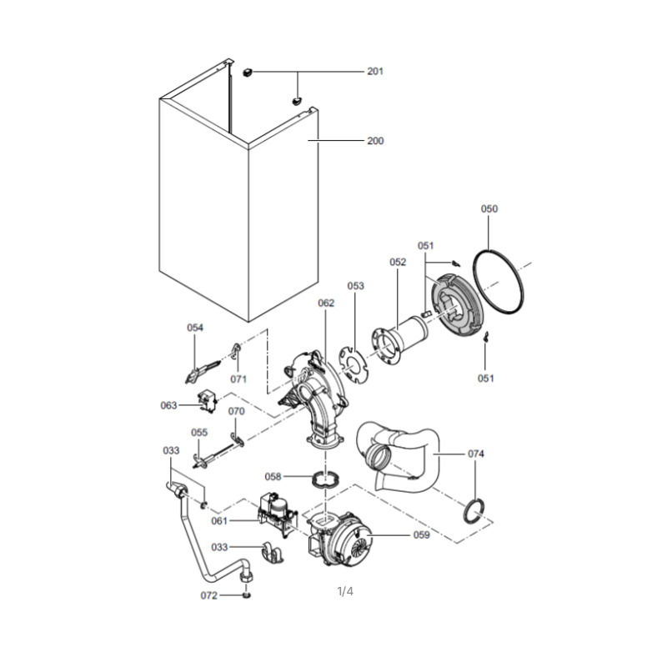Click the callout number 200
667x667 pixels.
click(x=375, y=141)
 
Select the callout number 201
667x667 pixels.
click(x=375, y=72)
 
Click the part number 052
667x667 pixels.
click(x=398, y=262)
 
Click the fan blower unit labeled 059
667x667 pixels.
click(x=340, y=538)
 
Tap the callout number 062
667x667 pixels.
click(x=326, y=303)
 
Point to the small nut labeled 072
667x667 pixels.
click(x=246, y=594)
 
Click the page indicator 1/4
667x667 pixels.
click(x=345, y=591)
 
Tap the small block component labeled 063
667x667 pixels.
click(x=208, y=402)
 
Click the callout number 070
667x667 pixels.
click(x=237, y=411)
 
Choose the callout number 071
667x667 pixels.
click(x=238, y=379)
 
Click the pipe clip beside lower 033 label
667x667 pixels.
click(x=273, y=553)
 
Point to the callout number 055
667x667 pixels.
click(x=199, y=433)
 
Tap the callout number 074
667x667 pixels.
click(x=475, y=454)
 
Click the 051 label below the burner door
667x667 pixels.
click(x=485, y=379)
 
